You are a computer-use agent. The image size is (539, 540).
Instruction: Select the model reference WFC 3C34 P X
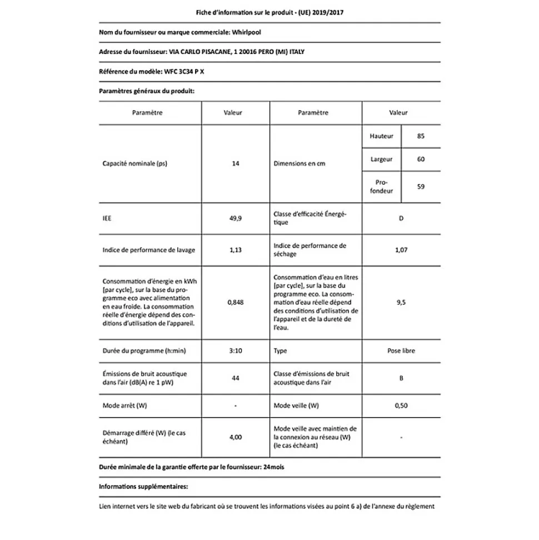click(x=187, y=71)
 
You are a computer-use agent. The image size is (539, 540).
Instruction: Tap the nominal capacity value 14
click(x=235, y=164)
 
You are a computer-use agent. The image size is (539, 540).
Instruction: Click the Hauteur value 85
click(x=420, y=136)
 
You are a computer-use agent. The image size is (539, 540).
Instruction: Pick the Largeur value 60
click(x=420, y=159)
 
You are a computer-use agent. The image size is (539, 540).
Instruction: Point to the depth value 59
click(x=420, y=186)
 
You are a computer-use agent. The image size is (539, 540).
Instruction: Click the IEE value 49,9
click(x=235, y=219)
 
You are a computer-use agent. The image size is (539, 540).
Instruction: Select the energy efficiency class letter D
click(x=401, y=219)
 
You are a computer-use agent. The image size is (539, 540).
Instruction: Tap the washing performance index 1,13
click(x=235, y=250)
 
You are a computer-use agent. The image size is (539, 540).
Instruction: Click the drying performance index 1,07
click(x=401, y=250)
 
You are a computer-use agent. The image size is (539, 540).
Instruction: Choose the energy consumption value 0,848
click(x=235, y=302)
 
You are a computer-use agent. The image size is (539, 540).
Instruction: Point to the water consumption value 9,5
click(x=401, y=302)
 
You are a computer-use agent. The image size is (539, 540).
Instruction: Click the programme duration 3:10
click(x=235, y=351)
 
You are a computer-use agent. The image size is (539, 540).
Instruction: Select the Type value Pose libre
click(x=401, y=351)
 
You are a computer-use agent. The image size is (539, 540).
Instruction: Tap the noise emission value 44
click(x=235, y=378)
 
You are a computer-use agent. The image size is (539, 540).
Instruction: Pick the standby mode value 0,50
click(x=401, y=405)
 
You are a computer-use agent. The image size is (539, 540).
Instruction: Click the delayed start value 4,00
click(x=235, y=437)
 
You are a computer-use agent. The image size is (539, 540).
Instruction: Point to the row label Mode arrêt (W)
click(x=125, y=405)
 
